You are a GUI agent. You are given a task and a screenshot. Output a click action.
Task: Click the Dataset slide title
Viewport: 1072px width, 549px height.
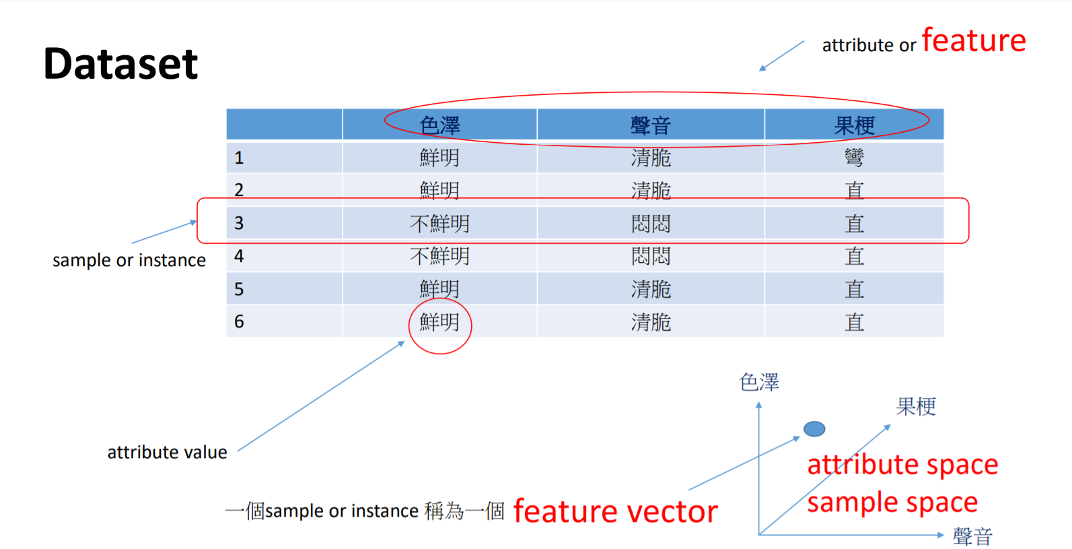tap(120, 64)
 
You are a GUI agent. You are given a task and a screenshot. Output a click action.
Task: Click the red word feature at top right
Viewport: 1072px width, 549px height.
tap(973, 41)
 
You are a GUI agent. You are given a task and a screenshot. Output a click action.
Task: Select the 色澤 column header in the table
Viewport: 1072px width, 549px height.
tap(439, 125)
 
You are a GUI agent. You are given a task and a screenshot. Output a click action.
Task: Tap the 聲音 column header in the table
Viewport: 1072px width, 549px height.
tap(650, 125)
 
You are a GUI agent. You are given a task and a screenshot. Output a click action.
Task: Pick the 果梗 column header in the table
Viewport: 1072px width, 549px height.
tap(854, 125)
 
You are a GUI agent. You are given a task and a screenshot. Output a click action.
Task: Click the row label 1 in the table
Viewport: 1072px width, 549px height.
tap(239, 158)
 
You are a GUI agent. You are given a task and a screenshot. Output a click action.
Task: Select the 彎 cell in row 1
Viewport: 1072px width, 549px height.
tap(854, 158)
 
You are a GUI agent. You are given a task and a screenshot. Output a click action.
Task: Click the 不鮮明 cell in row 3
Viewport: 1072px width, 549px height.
tap(439, 223)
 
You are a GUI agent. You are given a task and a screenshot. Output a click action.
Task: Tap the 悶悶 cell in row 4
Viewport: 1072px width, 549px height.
tap(650, 256)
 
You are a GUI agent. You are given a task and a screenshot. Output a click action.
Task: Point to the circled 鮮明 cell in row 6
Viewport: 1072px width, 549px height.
tap(439, 322)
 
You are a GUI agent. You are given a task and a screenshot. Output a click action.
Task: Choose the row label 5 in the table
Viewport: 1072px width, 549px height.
tap(239, 289)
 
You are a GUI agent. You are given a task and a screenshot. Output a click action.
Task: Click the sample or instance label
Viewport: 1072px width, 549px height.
tap(129, 260)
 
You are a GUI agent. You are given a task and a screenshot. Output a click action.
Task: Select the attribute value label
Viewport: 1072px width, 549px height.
tap(167, 452)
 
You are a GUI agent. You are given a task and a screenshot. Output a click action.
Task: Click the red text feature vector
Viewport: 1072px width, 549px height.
tap(615, 511)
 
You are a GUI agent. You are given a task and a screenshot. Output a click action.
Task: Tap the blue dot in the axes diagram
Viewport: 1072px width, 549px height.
tap(814, 428)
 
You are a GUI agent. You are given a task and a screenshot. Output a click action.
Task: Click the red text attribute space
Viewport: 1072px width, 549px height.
tap(902, 465)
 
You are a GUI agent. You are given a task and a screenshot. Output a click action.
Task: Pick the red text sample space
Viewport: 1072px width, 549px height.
tap(892, 503)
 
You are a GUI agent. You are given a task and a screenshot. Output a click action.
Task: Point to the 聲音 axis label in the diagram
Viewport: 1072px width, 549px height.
tap(972, 536)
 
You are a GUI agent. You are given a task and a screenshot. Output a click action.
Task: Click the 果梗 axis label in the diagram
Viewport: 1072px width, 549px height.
tap(916, 406)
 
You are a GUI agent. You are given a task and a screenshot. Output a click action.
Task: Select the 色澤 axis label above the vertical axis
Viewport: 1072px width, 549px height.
tap(759, 382)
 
